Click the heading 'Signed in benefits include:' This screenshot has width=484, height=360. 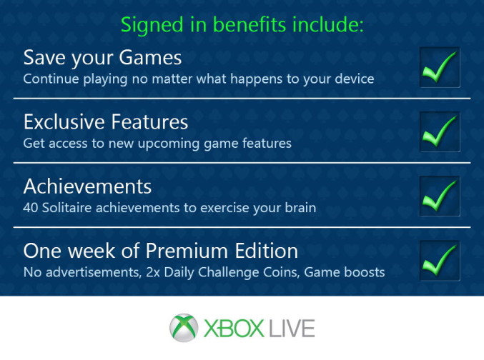[x=242, y=25]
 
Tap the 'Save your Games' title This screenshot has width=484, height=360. [x=102, y=57]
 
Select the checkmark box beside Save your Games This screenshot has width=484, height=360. [x=439, y=67]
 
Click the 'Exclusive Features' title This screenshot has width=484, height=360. [x=106, y=121]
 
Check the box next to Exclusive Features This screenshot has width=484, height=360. [x=439, y=131]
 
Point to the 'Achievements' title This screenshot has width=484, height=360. [x=87, y=186]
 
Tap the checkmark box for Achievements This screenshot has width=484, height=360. [x=439, y=196]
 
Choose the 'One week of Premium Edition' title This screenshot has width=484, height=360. [x=160, y=251]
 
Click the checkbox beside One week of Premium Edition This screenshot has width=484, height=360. [x=439, y=261]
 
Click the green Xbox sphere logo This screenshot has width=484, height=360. [x=184, y=329]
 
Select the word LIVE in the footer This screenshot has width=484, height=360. [x=291, y=329]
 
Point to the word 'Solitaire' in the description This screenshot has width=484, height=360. [x=69, y=208]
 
